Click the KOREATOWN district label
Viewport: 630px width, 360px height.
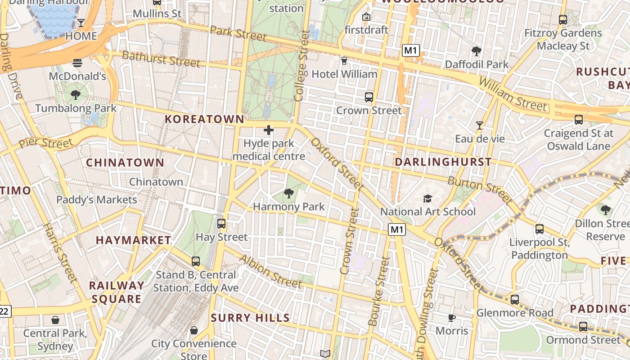(204, 119)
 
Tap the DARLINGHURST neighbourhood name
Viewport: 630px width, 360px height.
(443, 162)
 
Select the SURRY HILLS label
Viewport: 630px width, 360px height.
(250, 318)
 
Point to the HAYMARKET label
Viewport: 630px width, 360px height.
(133, 240)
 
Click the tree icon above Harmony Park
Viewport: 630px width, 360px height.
(288, 193)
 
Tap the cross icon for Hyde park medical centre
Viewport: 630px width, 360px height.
(269, 130)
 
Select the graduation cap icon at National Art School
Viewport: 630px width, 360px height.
(427, 198)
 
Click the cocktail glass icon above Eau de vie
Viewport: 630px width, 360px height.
(480, 126)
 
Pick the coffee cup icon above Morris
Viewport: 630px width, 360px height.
(452, 318)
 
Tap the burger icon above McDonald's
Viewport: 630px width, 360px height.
(77, 63)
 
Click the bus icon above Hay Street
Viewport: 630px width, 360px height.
(221, 224)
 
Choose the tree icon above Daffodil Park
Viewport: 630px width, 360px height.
(477, 51)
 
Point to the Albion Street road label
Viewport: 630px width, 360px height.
(270, 271)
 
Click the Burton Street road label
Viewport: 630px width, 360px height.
(480, 189)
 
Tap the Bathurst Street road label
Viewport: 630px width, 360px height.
(161, 58)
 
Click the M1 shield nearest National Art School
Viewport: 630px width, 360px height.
(397, 230)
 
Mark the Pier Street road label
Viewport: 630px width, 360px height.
(45, 144)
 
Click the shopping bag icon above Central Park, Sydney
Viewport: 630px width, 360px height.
(55, 320)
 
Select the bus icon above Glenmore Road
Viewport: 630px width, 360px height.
(515, 300)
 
